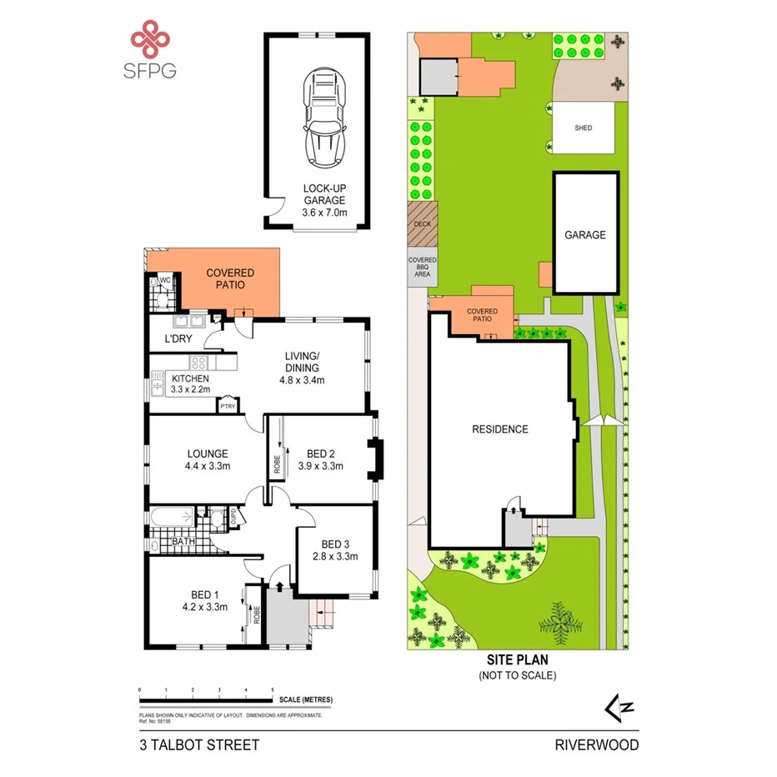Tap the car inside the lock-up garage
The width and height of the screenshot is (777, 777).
click(x=323, y=117)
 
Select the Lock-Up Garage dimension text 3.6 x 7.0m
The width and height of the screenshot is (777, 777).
click(x=323, y=213)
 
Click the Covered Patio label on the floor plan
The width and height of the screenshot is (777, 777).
click(x=230, y=278)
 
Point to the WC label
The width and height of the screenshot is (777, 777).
click(x=165, y=280)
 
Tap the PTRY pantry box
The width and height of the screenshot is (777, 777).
click(x=228, y=406)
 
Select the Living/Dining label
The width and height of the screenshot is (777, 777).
click(x=300, y=374)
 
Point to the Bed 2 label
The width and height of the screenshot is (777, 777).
click(x=321, y=459)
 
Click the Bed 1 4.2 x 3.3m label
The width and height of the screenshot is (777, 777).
click(x=203, y=600)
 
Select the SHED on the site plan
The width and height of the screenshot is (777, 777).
click(x=584, y=128)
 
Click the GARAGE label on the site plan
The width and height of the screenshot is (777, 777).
click(x=585, y=235)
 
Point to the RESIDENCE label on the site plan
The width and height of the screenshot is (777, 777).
click(x=500, y=429)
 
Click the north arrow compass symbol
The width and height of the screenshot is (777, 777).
click(x=620, y=708)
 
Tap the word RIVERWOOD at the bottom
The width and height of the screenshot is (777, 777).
click(x=597, y=744)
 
